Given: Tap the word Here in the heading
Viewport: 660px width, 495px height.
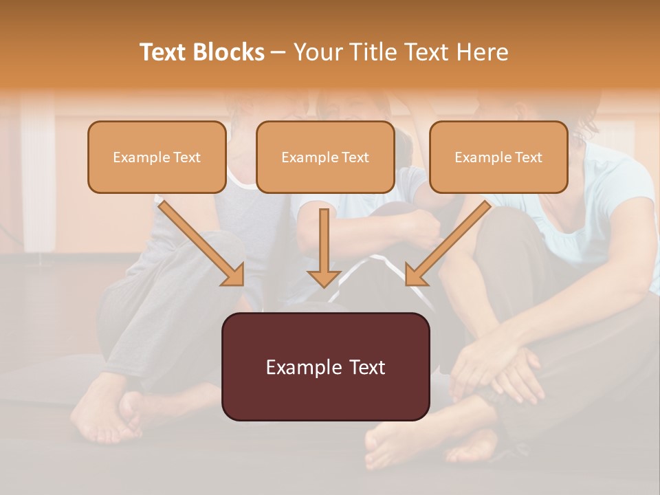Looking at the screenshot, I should coord(482,52).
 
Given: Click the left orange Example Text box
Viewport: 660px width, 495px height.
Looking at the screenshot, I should coord(157,157).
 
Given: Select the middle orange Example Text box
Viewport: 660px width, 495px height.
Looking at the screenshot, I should coord(325,157).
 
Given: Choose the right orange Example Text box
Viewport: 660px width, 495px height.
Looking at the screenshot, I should coord(498,157).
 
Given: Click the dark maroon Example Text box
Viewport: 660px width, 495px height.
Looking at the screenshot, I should coord(325,367).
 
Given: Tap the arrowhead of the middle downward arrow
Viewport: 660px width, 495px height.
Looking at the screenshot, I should coord(324,277).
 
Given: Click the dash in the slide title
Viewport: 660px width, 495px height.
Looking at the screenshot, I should coord(278,52).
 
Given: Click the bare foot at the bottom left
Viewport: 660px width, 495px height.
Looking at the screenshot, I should coord(103,412).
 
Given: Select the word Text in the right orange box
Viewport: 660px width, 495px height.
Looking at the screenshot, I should coord(528,157).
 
